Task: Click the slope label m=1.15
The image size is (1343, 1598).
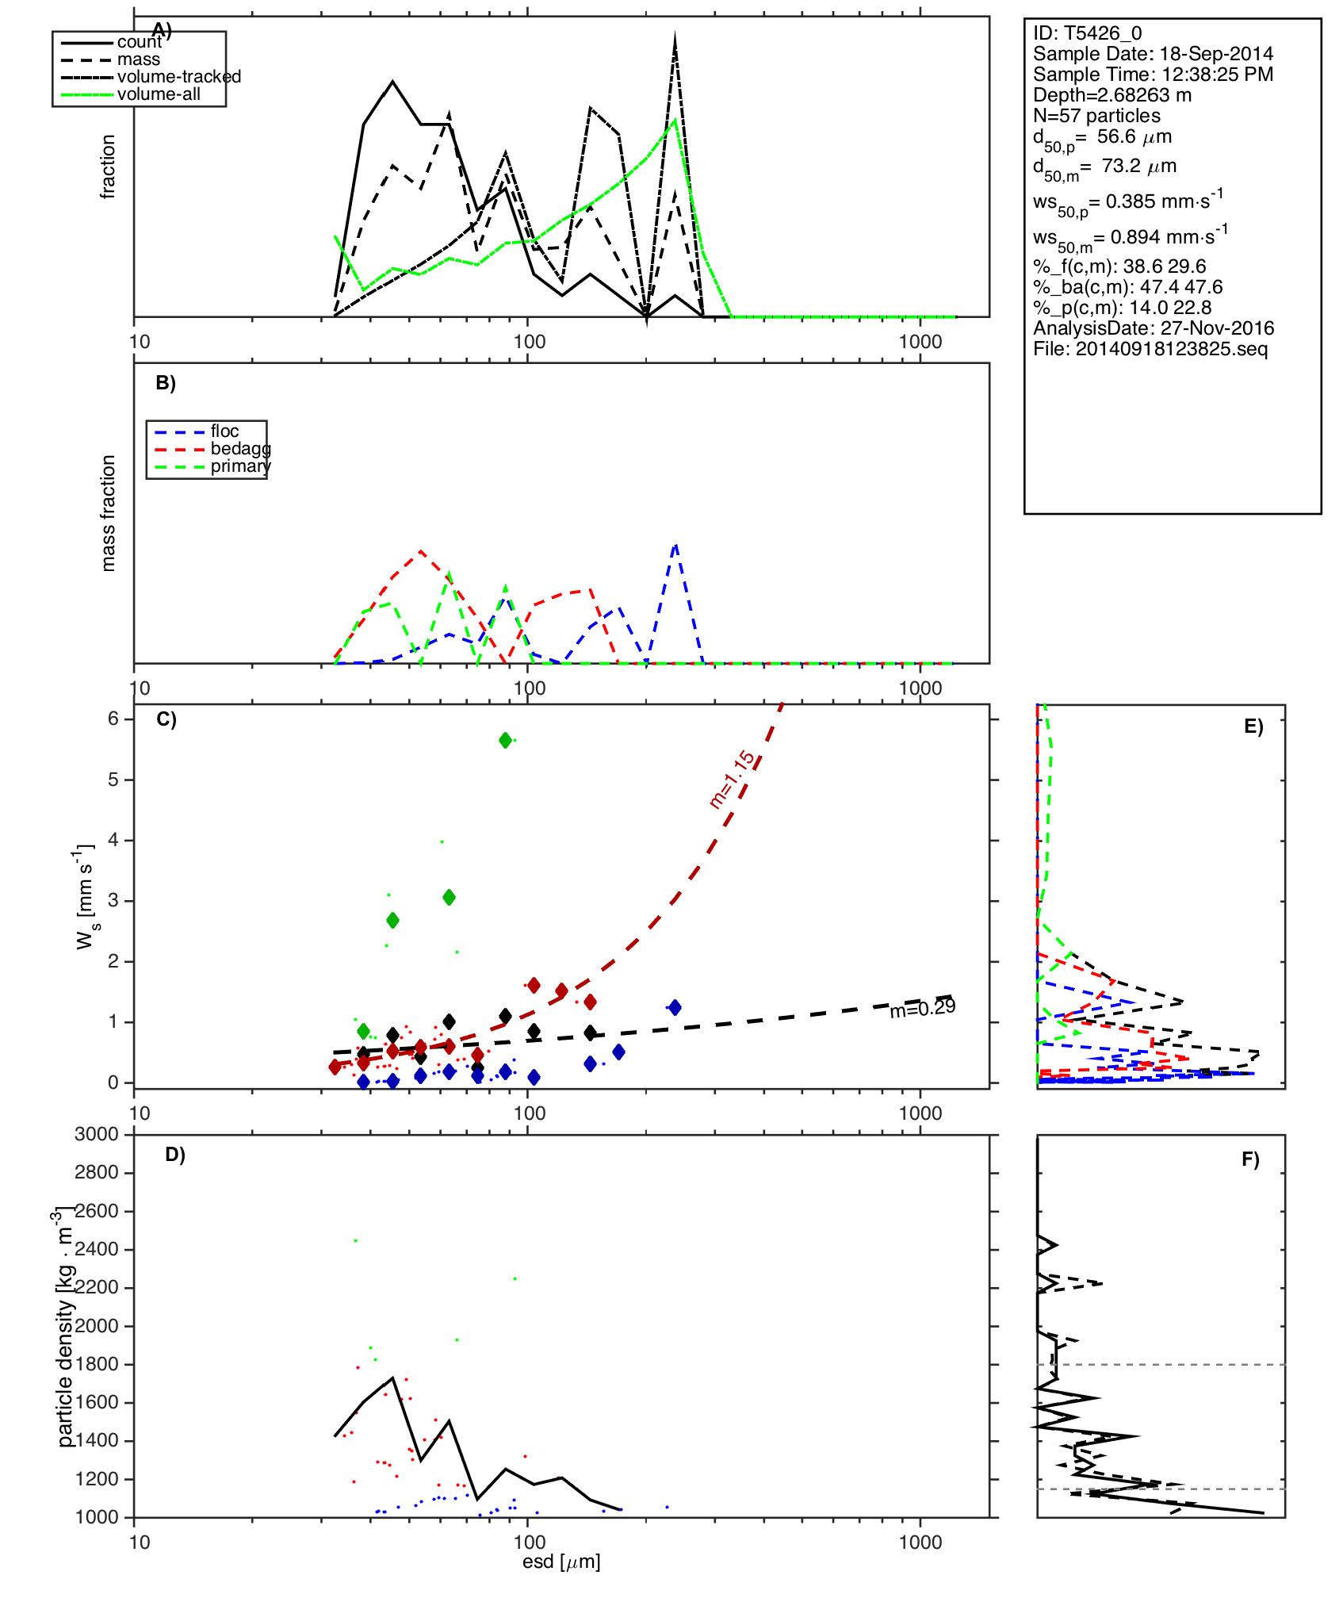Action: [733, 780]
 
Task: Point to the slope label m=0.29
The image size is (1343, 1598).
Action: [922, 1009]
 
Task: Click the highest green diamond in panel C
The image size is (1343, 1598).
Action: [505, 741]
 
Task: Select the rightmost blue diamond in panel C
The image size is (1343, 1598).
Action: [674, 1007]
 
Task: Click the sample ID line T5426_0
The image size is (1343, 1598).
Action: [1087, 33]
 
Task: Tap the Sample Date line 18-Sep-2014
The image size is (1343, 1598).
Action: [1153, 54]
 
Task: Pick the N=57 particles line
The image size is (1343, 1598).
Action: [1096, 116]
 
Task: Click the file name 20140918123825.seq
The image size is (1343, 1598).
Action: [1150, 349]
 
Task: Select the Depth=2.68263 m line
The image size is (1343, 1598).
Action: [1112, 95]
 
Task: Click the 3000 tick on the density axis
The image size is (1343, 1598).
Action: [97, 1134]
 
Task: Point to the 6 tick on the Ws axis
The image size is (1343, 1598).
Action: [113, 719]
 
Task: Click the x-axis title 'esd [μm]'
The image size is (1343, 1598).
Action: [561, 1562]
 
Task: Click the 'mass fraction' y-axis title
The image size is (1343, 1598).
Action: [109, 512]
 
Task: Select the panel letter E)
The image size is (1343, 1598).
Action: [1253, 726]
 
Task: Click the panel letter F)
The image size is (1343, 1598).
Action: [1250, 1159]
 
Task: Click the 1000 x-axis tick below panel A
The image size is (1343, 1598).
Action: [920, 342]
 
